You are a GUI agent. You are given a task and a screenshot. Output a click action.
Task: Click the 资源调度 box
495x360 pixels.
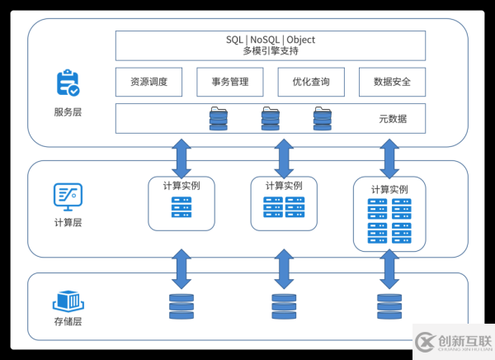(149, 82)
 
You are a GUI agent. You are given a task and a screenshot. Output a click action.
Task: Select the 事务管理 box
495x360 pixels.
(230, 82)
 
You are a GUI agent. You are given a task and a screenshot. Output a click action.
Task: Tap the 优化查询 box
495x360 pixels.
(311, 82)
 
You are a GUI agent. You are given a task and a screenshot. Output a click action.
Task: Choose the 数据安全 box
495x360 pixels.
(392, 82)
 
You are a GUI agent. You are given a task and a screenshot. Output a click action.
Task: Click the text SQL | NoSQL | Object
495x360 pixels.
(271, 40)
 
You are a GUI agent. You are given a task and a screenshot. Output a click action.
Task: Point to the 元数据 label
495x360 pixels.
(393, 119)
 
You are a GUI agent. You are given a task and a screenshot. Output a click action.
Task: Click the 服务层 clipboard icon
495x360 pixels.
(68, 83)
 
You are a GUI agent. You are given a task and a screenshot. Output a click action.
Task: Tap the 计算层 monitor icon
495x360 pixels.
(68, 196)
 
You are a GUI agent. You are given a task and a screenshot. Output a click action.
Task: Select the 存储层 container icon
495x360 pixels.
(68, 300)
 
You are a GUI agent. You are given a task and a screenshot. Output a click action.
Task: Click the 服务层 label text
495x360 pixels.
(68, 111)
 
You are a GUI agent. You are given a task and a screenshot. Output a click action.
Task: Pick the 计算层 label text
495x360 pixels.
(68, 222)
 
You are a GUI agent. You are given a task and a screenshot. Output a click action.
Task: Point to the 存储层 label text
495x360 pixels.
(68, 321)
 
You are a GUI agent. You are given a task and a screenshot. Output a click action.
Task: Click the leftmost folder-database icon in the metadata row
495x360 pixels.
(218, 118)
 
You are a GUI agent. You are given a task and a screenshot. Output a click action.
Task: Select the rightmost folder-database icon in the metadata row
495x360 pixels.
(322, 118)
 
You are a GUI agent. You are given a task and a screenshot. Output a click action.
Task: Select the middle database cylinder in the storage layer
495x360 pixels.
(284, 306)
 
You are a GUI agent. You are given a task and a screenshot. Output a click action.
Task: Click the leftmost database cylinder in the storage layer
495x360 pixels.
(181, 306)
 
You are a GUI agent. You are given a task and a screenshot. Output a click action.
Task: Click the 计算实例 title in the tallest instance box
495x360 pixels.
(389, 189)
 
